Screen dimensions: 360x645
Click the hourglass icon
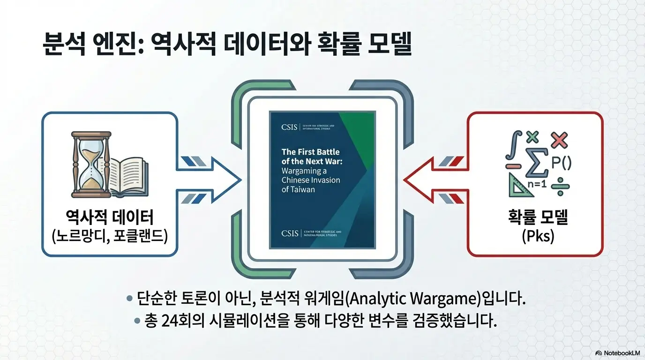click(x=91, y=165)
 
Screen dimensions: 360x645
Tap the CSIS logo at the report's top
click(x=289, y=127)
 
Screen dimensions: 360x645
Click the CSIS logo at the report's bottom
click(x=289, y=233)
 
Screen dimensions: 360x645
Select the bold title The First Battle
click(x=310, y=152)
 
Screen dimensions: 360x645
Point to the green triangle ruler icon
click(x=517, y=186)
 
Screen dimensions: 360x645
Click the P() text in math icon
click(x=561, y=163)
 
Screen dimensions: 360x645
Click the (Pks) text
click(x=538, y=236)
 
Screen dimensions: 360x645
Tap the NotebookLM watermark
click(x=618, y=353)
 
